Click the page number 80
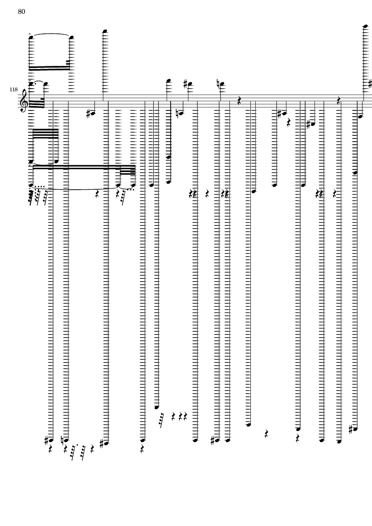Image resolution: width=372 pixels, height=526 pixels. point(21,12)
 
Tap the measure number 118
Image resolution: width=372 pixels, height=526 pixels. point(13,90)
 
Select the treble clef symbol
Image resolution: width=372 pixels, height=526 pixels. point(24,101)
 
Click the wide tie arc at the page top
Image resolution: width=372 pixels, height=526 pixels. point(51,34)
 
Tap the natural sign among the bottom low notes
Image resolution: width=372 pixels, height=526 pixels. point(63,440)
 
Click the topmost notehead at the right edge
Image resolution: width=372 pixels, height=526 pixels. point(366,26)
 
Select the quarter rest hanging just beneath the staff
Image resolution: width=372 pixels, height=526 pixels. point(289,122)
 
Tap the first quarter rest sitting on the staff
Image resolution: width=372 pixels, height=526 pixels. point(239,100)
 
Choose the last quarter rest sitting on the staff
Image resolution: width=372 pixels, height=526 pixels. point(339,100)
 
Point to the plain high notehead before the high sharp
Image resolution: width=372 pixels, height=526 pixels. point(168,81)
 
